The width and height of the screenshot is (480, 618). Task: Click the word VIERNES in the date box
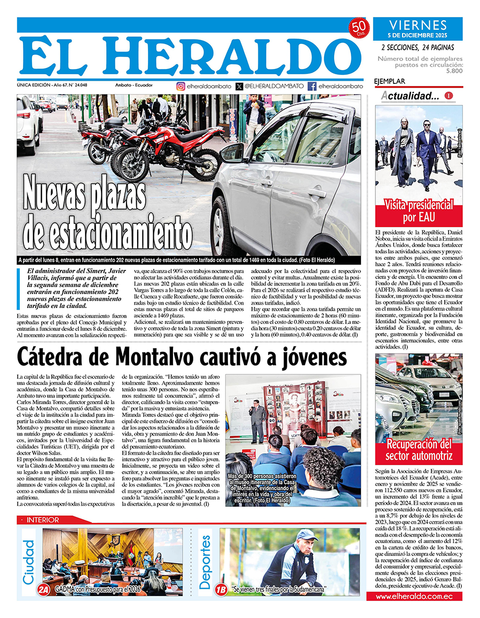pyautogui.click(x=418, y=25)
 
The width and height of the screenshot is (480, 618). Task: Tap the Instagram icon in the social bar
pyautogui.click(x=181, y=86)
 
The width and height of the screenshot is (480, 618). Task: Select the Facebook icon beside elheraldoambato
pyautogui.click(x=312, y=86)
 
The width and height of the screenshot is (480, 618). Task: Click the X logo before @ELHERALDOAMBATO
pyautogui.click(x=239, y=86)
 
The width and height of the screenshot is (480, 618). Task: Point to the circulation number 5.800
pyautogui.click(x=454, y=71)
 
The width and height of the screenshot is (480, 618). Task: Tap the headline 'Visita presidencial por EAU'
pyautogui.click(x=419, y=211)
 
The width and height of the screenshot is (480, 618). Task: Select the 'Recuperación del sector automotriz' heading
pyautogui.click(x=419, y=450)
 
